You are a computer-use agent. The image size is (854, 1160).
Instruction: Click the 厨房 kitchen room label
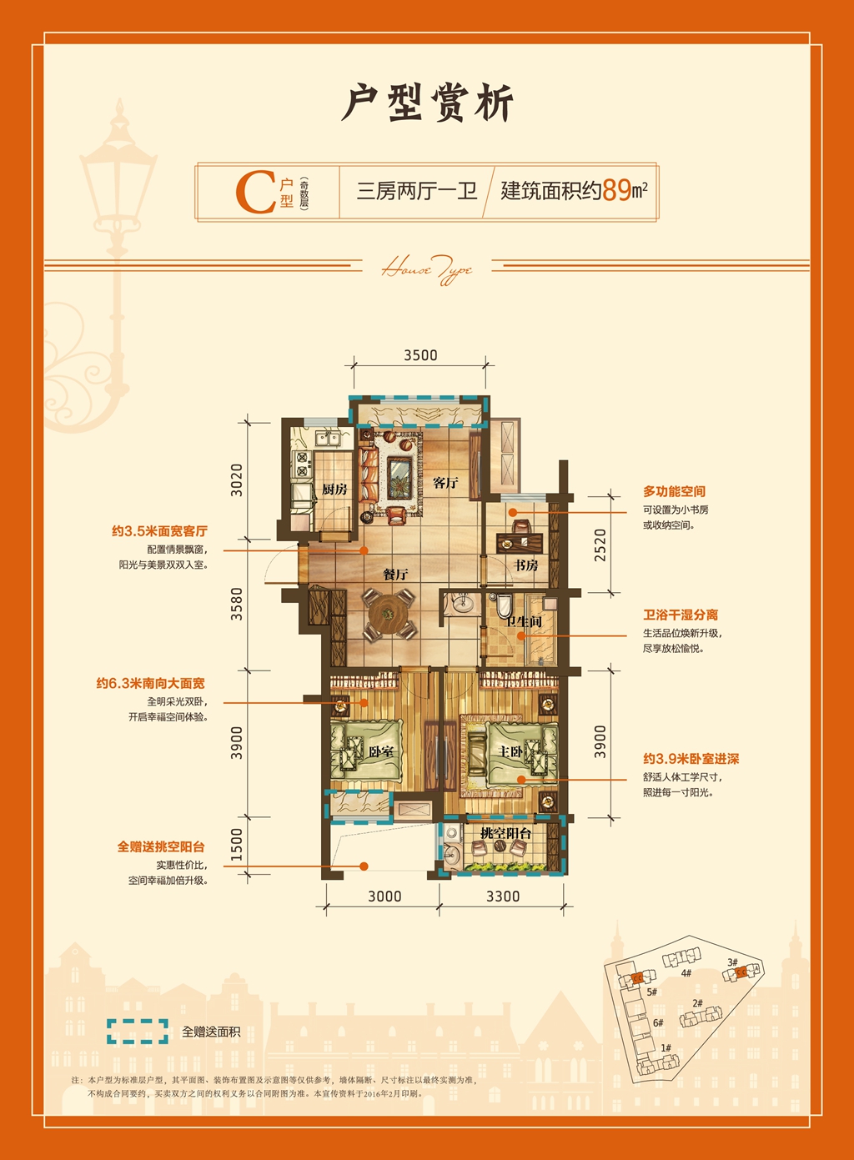(334, 490)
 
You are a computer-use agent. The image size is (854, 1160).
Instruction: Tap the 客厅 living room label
(446, 483)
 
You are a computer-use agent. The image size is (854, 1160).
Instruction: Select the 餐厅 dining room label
(395, 575)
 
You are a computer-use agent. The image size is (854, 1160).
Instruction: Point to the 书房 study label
(525, 565)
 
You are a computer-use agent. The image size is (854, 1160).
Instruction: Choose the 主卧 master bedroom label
(510, 751)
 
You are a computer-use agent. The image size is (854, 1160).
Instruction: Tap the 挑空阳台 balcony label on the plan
(505, 833)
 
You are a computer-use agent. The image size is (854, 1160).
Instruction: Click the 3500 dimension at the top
(420, 355)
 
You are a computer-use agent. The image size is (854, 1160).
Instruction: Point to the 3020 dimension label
(237, 480)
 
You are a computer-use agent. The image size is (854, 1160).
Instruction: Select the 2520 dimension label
(600, 545)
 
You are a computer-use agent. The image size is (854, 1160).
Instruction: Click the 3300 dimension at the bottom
(503, 896)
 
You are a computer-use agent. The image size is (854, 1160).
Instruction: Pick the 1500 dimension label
(237, 844)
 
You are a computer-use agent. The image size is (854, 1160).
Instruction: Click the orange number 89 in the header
(616, 190)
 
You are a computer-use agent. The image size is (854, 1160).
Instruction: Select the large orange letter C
(255, 192)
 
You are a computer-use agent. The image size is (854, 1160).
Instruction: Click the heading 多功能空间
(674, 492)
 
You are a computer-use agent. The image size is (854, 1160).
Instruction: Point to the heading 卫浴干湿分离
(680, 615)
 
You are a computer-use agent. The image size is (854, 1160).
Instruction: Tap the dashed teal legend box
(138, 1032)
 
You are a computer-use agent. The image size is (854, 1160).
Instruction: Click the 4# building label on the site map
(686, 973)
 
